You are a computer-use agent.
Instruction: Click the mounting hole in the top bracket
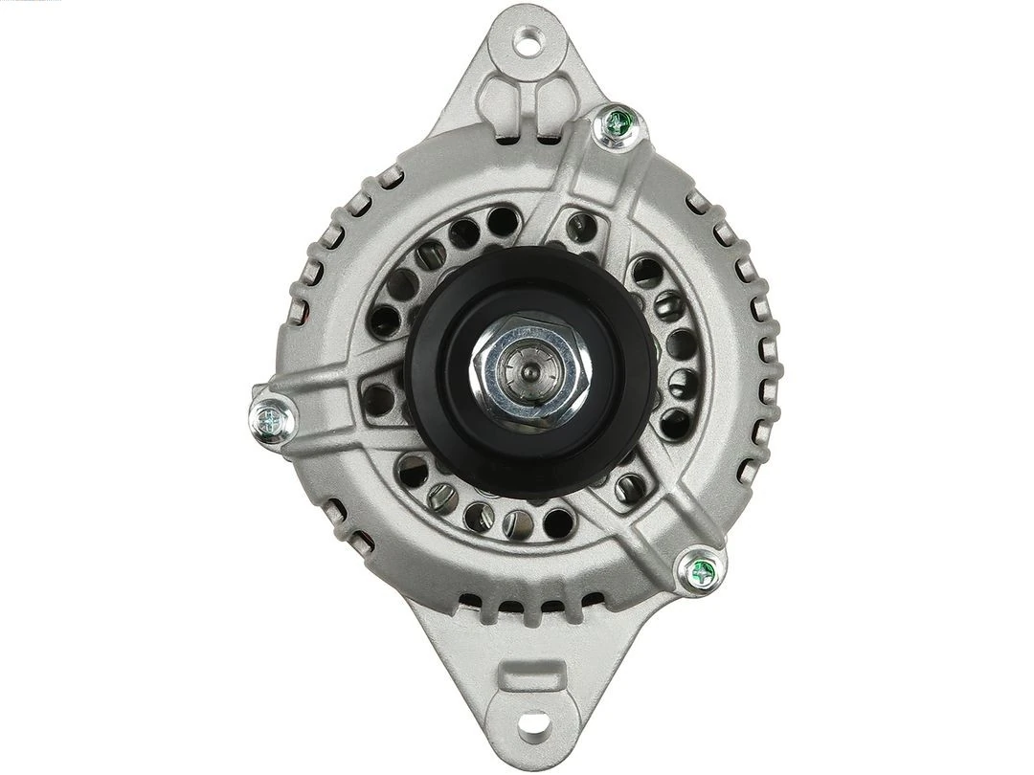click(x=527, y=41)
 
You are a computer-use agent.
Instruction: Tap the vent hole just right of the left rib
click(x=379, y=400)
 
